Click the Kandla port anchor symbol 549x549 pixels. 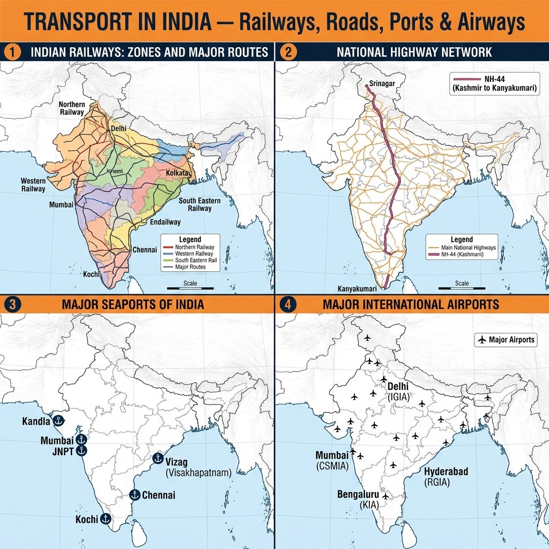pyautogui.click(x=58, y=421)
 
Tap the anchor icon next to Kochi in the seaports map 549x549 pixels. pyautogui.click(x=105, y=518)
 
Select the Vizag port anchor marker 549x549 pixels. pyautogui.click(x=158, y=458)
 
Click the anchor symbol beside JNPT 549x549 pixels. pyautogui.click(x=81, y=451)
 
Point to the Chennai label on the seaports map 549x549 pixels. pyautogui.click(x=158, y=495)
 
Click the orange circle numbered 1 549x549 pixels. pyautogui.click(x=11, y=53)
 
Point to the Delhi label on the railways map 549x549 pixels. pyautogui.click(x=118, y=129)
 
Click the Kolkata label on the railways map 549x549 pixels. pyautogui.click(x=179, y=174)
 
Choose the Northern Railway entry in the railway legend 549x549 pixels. pyautogui.click(x=193, y=247)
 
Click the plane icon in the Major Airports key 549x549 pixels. pyautogui.click(x=481, y=340)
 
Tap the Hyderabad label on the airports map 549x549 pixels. pyautogui.click(x=446, y=472)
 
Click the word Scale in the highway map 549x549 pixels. pyautogui.click(x=462, y=283)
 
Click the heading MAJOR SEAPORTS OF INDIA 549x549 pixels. pyautogui.click(x=132, y=305)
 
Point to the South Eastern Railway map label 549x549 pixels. pyautogui.click(x=196, y=205)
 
